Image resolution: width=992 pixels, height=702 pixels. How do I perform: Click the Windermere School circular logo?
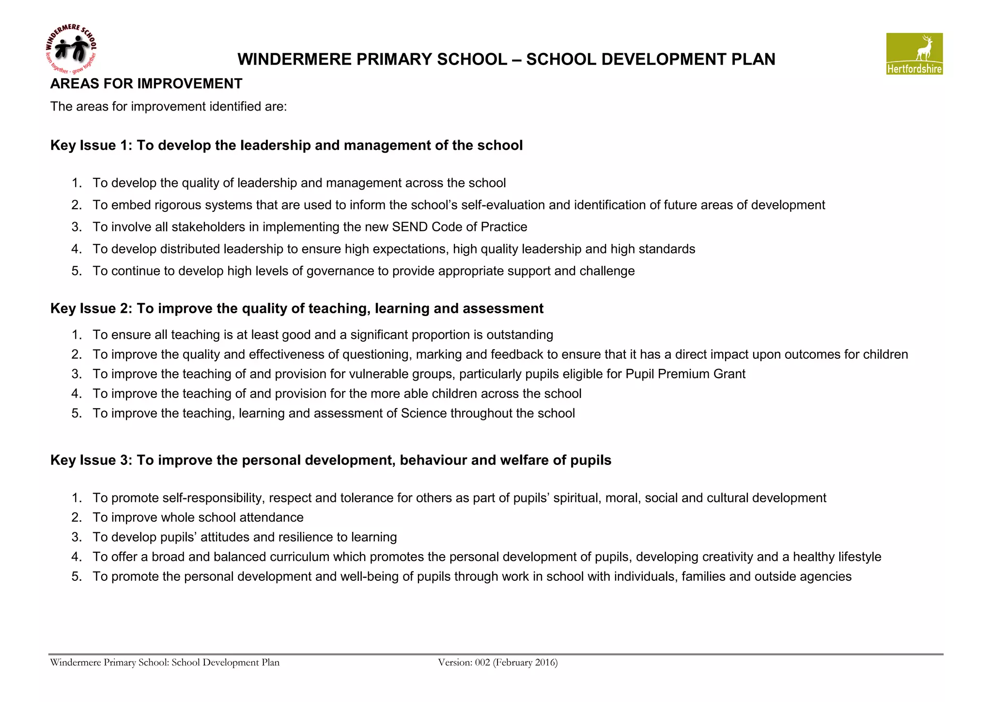pos(71,49)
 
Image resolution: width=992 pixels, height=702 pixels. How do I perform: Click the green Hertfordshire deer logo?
pos(914,53)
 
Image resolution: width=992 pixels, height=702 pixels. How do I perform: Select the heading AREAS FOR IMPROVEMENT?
pos(146,84)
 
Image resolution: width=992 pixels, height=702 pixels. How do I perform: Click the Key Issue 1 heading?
pos(286,145)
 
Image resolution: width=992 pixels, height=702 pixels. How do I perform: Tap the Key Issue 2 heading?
pos(296,309)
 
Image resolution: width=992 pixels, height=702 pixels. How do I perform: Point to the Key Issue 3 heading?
pos(330,461)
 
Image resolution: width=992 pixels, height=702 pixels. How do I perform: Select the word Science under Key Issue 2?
pos(423,414)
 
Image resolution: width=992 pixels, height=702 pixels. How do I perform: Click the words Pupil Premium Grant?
pos(685,374)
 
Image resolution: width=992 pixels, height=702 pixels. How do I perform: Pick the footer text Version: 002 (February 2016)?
pos(497,663)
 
